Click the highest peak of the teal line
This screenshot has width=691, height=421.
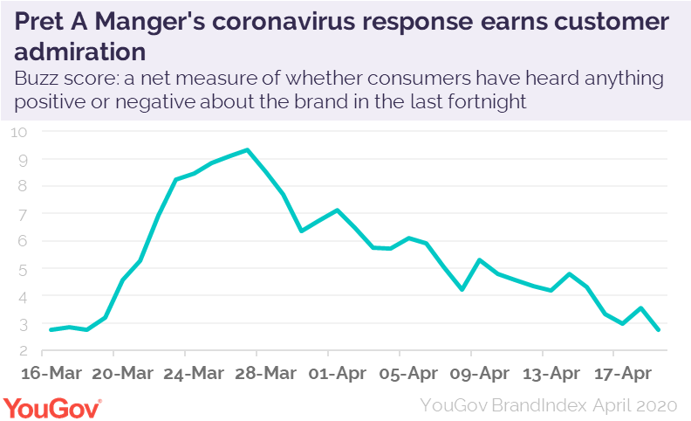tap(248, 150)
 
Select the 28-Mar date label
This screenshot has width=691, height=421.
tap(257, 372)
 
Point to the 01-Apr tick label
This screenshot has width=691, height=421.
tap(328, 372)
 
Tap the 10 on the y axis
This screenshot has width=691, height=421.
tap(20, 132)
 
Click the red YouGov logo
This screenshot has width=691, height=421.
tap(52, 406)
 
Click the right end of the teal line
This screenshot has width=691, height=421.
tap(657, 329)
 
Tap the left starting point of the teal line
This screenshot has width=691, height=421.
tap(51, 329)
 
